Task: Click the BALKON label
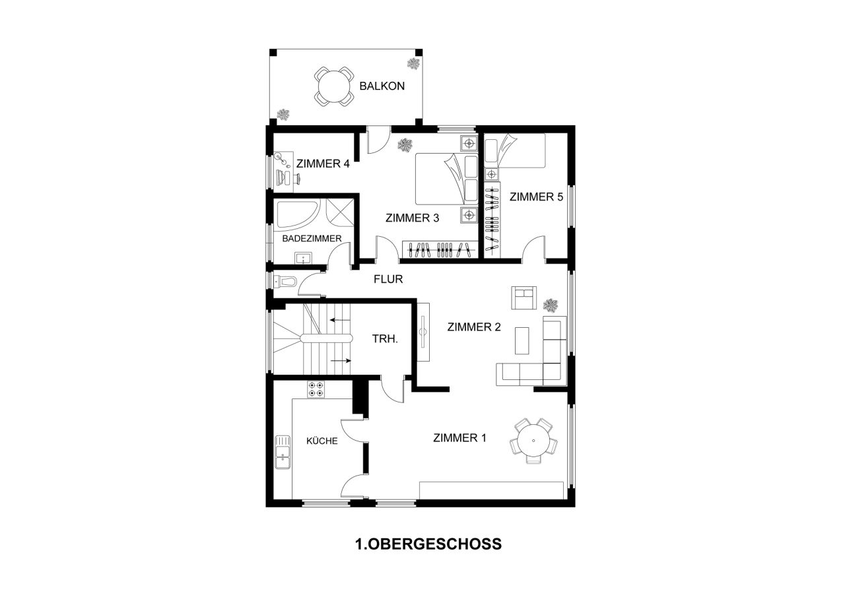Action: [x=382, y=86]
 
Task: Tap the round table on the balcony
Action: [x=333, y=86]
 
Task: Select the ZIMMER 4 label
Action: [x=322, y=164]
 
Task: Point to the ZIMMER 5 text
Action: [x=535, y=197]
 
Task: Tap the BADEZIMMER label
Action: [x=312, y=238]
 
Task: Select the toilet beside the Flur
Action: [x=286, y=282]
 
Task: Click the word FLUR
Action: [x=388, y=279]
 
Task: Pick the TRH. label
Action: [x=385, y=339]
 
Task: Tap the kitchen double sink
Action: [x=283, y=452]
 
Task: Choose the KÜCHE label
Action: [x=322, y=441]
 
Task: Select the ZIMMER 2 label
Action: [x=473, y=327]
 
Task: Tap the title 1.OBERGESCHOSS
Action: [x=428, y=544]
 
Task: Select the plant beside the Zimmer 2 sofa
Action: [x=551, y=305]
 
